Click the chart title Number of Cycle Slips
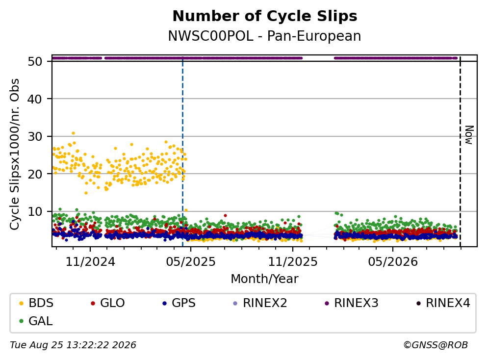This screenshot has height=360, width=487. tap(265, 16)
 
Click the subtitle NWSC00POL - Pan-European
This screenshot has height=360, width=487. tap(265, 36)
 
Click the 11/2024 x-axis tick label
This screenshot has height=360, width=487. tap(90, 262)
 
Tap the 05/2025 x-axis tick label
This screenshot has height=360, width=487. tap(191, 262)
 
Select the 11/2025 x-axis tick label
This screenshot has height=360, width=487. tap(293, 262)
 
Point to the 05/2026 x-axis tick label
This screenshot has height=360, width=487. tap(393, 262)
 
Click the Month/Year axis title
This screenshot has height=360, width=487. tap(265, 279)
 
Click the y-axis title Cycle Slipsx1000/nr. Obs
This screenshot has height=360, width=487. tap(15, 154)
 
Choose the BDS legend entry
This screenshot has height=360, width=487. tap(36, 303)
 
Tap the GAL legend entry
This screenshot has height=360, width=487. tap(36, 321)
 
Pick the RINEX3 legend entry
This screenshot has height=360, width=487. tap(352, 303)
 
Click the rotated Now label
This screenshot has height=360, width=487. tap(469, 135)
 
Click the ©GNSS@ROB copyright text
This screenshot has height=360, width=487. tap(436, 345)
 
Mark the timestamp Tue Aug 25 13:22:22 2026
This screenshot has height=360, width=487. tap(73, 345)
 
